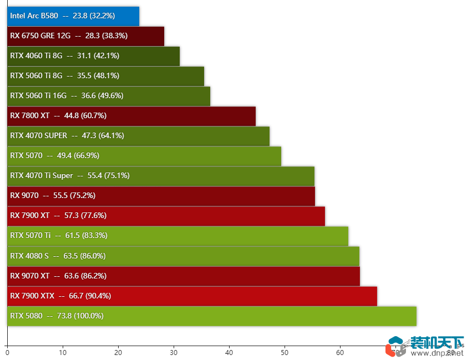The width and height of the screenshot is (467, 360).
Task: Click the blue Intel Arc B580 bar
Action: tap(73, 16)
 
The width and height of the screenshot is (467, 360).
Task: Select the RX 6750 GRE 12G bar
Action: tap(85, 36)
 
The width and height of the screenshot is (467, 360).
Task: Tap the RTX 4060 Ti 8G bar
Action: tap(93, 56)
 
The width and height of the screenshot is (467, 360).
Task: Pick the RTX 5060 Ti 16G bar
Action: tap(109, 95)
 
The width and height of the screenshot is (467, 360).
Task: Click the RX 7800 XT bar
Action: tap(131, 116)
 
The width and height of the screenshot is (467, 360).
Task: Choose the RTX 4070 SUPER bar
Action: tap(138, 136)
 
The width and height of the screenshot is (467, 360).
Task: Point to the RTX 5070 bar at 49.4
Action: tap(144, 156)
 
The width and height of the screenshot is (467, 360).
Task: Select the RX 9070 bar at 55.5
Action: tap(161, 196)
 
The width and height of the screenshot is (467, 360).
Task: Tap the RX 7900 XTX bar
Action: tap(192, 296)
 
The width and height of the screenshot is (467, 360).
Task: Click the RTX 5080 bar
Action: tap(212, 316)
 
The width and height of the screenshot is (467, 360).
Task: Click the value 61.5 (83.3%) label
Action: tap(87, 236)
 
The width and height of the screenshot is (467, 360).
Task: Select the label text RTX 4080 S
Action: tap(29, 256)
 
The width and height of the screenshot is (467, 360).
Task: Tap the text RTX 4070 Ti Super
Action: tap(42, 176)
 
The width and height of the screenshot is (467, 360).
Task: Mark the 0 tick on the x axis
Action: tap(7, 352)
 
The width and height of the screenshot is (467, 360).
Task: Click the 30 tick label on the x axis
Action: tap(174, 352)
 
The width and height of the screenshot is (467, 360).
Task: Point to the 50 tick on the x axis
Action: tap(285, 352)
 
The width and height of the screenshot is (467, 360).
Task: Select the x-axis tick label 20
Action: tap(118, 352)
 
